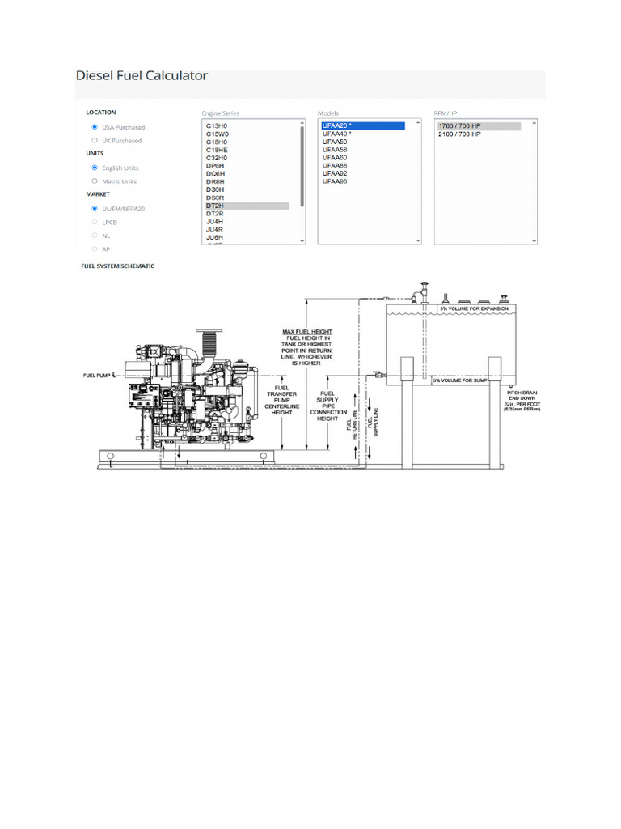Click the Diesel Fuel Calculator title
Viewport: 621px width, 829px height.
142,76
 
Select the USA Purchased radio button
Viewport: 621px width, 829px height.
95,127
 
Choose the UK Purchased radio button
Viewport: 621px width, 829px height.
95,141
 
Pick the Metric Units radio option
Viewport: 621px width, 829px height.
95,181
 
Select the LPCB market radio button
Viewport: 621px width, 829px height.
95,221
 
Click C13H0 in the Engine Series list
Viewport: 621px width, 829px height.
216,126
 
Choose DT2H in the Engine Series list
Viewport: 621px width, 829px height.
215,206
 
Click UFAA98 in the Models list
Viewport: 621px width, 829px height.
335,182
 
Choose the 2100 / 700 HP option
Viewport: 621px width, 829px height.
459,134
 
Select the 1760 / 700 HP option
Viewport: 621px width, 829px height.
459,126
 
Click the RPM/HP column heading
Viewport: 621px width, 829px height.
446,113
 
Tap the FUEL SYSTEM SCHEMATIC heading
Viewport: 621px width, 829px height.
117,266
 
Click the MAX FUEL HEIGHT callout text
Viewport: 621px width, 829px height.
307,332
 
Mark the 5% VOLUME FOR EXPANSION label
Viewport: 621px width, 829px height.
474,309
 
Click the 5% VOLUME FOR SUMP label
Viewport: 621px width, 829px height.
459,380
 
